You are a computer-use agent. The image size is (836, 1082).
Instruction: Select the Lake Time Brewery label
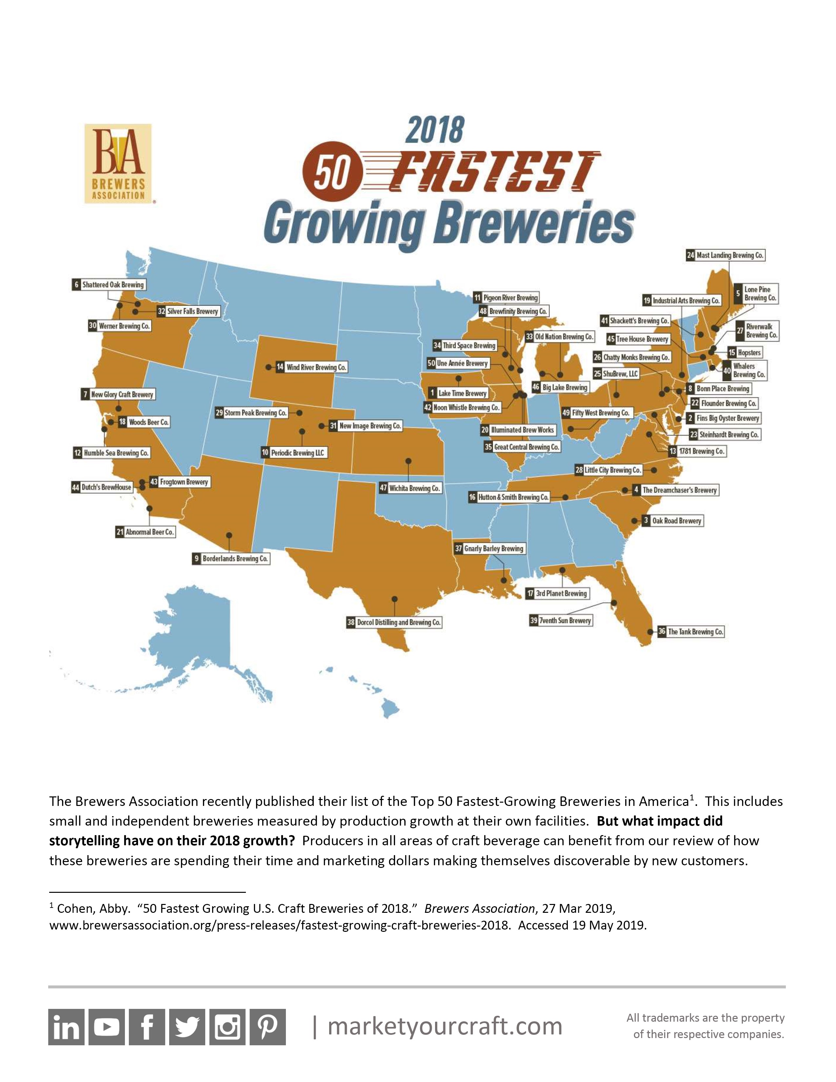(x=459, y=393)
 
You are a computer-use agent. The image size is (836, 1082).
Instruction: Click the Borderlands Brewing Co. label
(x=231, y=558)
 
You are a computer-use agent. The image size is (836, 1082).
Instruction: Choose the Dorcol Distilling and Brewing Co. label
(x=394, y=622)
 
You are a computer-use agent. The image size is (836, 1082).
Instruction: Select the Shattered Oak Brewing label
(x=109, y=285)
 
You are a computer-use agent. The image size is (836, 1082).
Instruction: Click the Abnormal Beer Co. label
(x=145, y=532)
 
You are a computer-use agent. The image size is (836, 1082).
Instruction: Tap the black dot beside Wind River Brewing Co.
(x=268, y=367)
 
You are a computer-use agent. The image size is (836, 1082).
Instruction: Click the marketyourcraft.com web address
(x=445, y=1026)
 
